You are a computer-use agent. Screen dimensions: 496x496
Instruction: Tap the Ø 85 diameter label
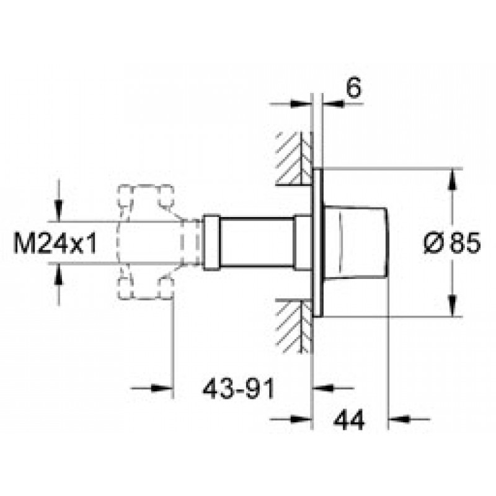[x=452, y=243]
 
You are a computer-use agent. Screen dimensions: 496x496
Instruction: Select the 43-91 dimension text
[x=239, y=389]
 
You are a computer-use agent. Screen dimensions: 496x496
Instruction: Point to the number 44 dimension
[x=349, y=420]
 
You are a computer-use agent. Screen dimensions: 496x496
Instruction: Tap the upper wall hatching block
[x=294, y=158]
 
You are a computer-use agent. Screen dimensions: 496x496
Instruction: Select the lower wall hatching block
[x=294, y=326]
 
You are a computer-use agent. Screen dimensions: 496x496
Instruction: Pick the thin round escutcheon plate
[x=317, y=243]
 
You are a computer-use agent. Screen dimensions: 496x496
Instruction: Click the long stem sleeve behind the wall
[x=257, y=243]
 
